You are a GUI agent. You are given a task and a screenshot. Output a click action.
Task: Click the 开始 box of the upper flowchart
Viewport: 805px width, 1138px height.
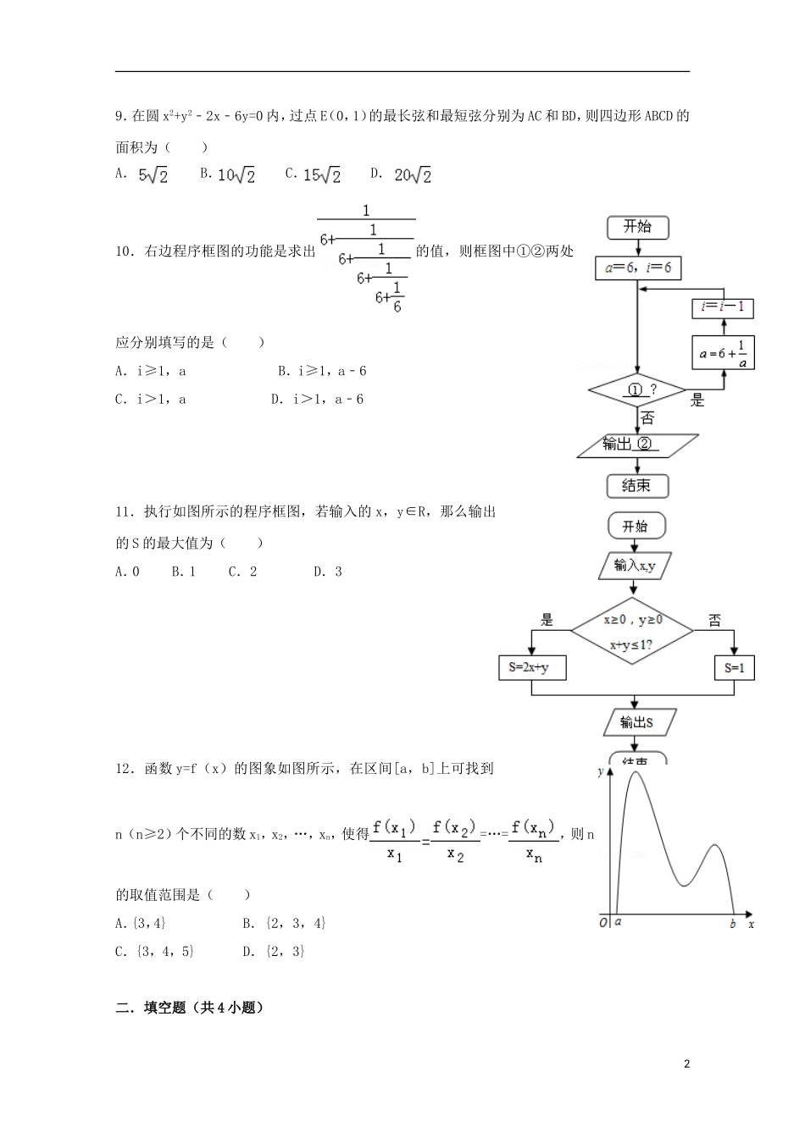pyautogui.click(x=637, y=227)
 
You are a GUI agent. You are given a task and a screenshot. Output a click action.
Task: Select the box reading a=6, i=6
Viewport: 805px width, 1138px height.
pyautogui.click(x=638, y=268)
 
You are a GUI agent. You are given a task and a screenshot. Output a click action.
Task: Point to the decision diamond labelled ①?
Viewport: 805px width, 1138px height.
pyautogui.click(x=637, y=391)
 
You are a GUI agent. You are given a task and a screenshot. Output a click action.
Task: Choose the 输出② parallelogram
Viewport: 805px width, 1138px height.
pyautogui.click(x=637, y=445)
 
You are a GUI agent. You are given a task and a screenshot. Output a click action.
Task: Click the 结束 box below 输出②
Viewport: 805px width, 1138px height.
pyautogui.click(x=637, y=486)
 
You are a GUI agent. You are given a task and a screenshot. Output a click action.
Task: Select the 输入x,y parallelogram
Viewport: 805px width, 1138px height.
pyautogui.click(x=635, y=566)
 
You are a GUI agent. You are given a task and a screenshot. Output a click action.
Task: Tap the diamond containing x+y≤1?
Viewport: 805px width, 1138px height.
pyautogui.click(x=632, y=631)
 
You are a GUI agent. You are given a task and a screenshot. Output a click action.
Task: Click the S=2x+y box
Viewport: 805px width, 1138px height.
pyautogui.click(x=531, y=667)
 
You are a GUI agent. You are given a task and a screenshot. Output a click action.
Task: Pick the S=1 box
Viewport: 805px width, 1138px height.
pyautogui.click(x=734, y=667)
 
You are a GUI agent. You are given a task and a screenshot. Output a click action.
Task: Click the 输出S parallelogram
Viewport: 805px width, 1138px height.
pyautogui.click(x=637, y=722)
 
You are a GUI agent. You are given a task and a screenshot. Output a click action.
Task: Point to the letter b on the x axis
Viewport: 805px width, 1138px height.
pyautogui.click(x=733, y=924)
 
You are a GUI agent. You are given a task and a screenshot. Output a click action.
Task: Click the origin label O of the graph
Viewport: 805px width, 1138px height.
pyautogui.click(x=602, y=923)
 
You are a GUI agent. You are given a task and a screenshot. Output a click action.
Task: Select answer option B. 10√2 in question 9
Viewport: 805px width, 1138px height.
pyautogui.click(x=228, y=174)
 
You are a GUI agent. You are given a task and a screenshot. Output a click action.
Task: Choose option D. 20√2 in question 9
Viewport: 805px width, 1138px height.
pyautogui.click(x=402, y=174)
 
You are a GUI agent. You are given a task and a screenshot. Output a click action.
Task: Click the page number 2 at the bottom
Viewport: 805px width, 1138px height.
pyautogui.click(x=687, y=1063)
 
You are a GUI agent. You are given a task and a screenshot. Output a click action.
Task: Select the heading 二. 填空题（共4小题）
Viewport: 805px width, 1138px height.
pyautogui.click(x=190, y=1008)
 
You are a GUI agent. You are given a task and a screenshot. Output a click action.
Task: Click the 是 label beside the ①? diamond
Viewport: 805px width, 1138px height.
pyautogui.click(x=697, y=401)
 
